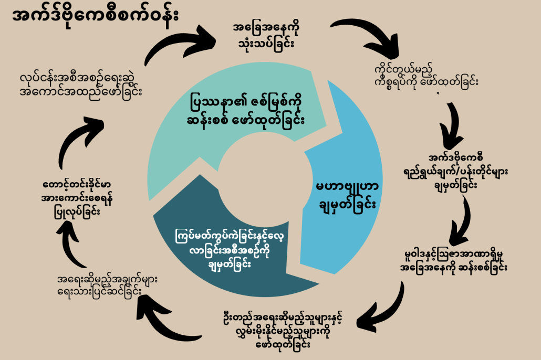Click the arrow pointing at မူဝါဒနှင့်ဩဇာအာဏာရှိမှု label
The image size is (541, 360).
point(464,218)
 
